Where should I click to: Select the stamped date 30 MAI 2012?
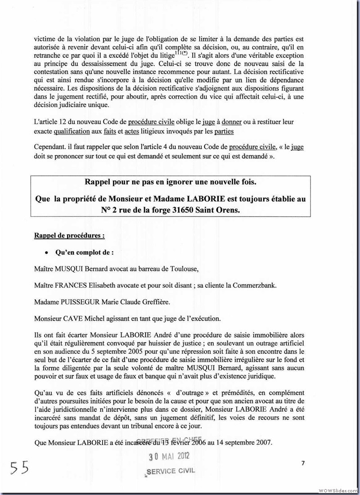169,456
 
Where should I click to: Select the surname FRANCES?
72,285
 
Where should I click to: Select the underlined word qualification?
75,132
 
